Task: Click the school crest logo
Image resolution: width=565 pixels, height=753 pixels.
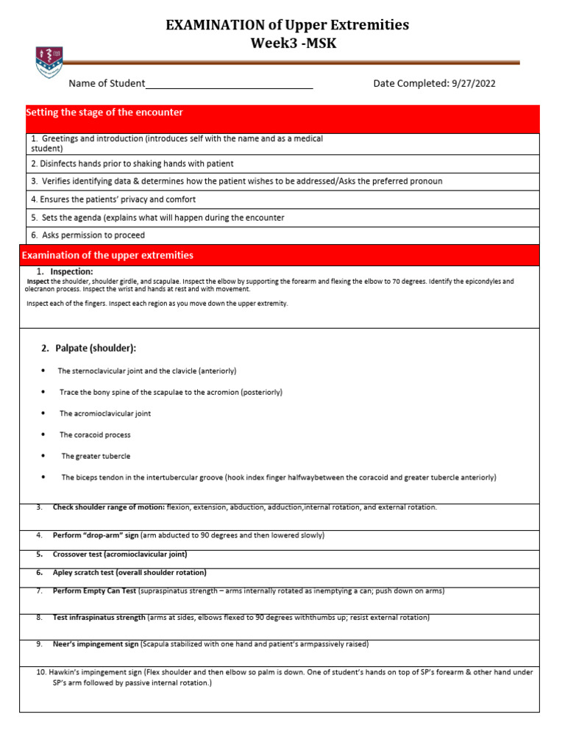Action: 49,63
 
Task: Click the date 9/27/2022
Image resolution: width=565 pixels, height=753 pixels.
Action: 472,84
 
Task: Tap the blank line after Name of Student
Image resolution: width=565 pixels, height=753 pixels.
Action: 229,85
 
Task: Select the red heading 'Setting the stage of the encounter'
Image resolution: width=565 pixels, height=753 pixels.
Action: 104,113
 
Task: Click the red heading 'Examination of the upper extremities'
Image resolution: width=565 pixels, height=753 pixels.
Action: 107,255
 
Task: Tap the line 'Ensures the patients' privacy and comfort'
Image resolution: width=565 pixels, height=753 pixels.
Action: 113,199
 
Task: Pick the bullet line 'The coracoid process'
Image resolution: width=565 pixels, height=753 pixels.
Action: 95,435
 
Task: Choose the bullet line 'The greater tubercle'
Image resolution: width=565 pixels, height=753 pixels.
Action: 96,456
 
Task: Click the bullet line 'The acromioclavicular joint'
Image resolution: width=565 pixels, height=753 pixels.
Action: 105,413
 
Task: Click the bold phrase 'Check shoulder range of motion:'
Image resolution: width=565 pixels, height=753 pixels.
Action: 109,507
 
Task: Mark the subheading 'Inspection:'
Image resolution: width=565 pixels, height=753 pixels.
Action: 71,272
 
